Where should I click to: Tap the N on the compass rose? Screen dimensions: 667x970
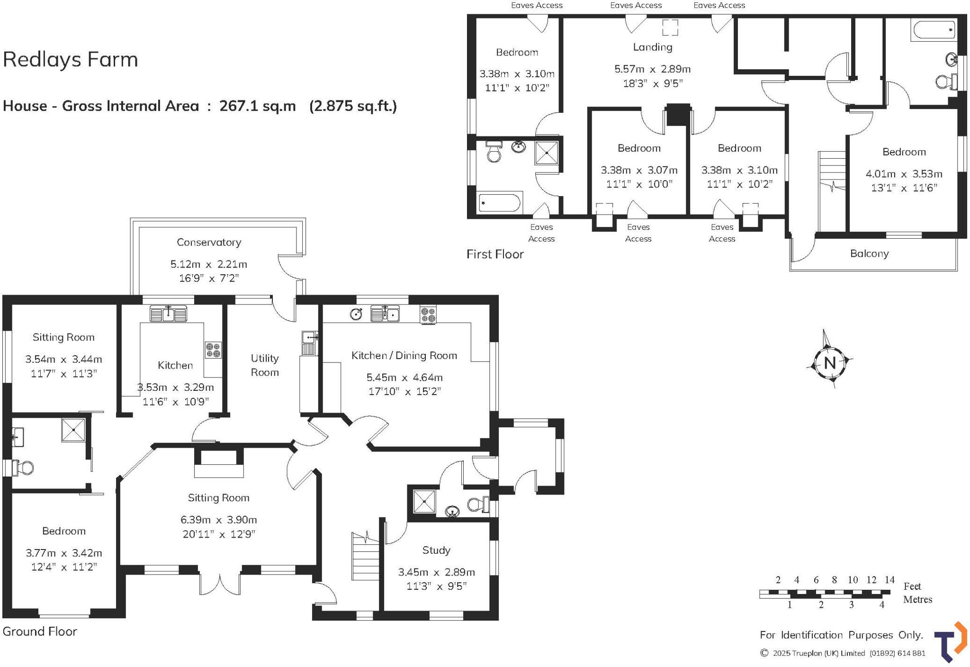[829, 363]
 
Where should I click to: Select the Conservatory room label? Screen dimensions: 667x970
[209, 242]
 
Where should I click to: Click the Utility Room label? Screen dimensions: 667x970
[264, 365]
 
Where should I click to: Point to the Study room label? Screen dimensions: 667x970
[436, 550]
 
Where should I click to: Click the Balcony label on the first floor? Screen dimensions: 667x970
[869, 253]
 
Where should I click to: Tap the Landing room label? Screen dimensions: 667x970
[652, 47]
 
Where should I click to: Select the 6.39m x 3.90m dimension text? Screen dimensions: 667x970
[218, 520]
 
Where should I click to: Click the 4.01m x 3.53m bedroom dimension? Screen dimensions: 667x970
[904, 174]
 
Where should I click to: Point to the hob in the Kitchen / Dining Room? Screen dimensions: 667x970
[428, 315]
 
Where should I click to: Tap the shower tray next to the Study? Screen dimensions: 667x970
[424, 501]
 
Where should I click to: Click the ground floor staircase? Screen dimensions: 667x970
[365, 557]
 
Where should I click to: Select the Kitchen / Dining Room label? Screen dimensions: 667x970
[404, 355]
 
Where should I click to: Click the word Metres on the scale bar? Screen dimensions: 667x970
[917, 599]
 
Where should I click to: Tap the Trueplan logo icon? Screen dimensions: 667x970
[950, 642]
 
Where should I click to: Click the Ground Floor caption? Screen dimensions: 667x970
[40, 631]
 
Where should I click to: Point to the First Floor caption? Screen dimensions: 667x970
[495, 254]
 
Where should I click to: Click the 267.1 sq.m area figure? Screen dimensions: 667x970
[257, 106]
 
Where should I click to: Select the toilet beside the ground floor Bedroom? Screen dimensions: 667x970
[24, 468]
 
